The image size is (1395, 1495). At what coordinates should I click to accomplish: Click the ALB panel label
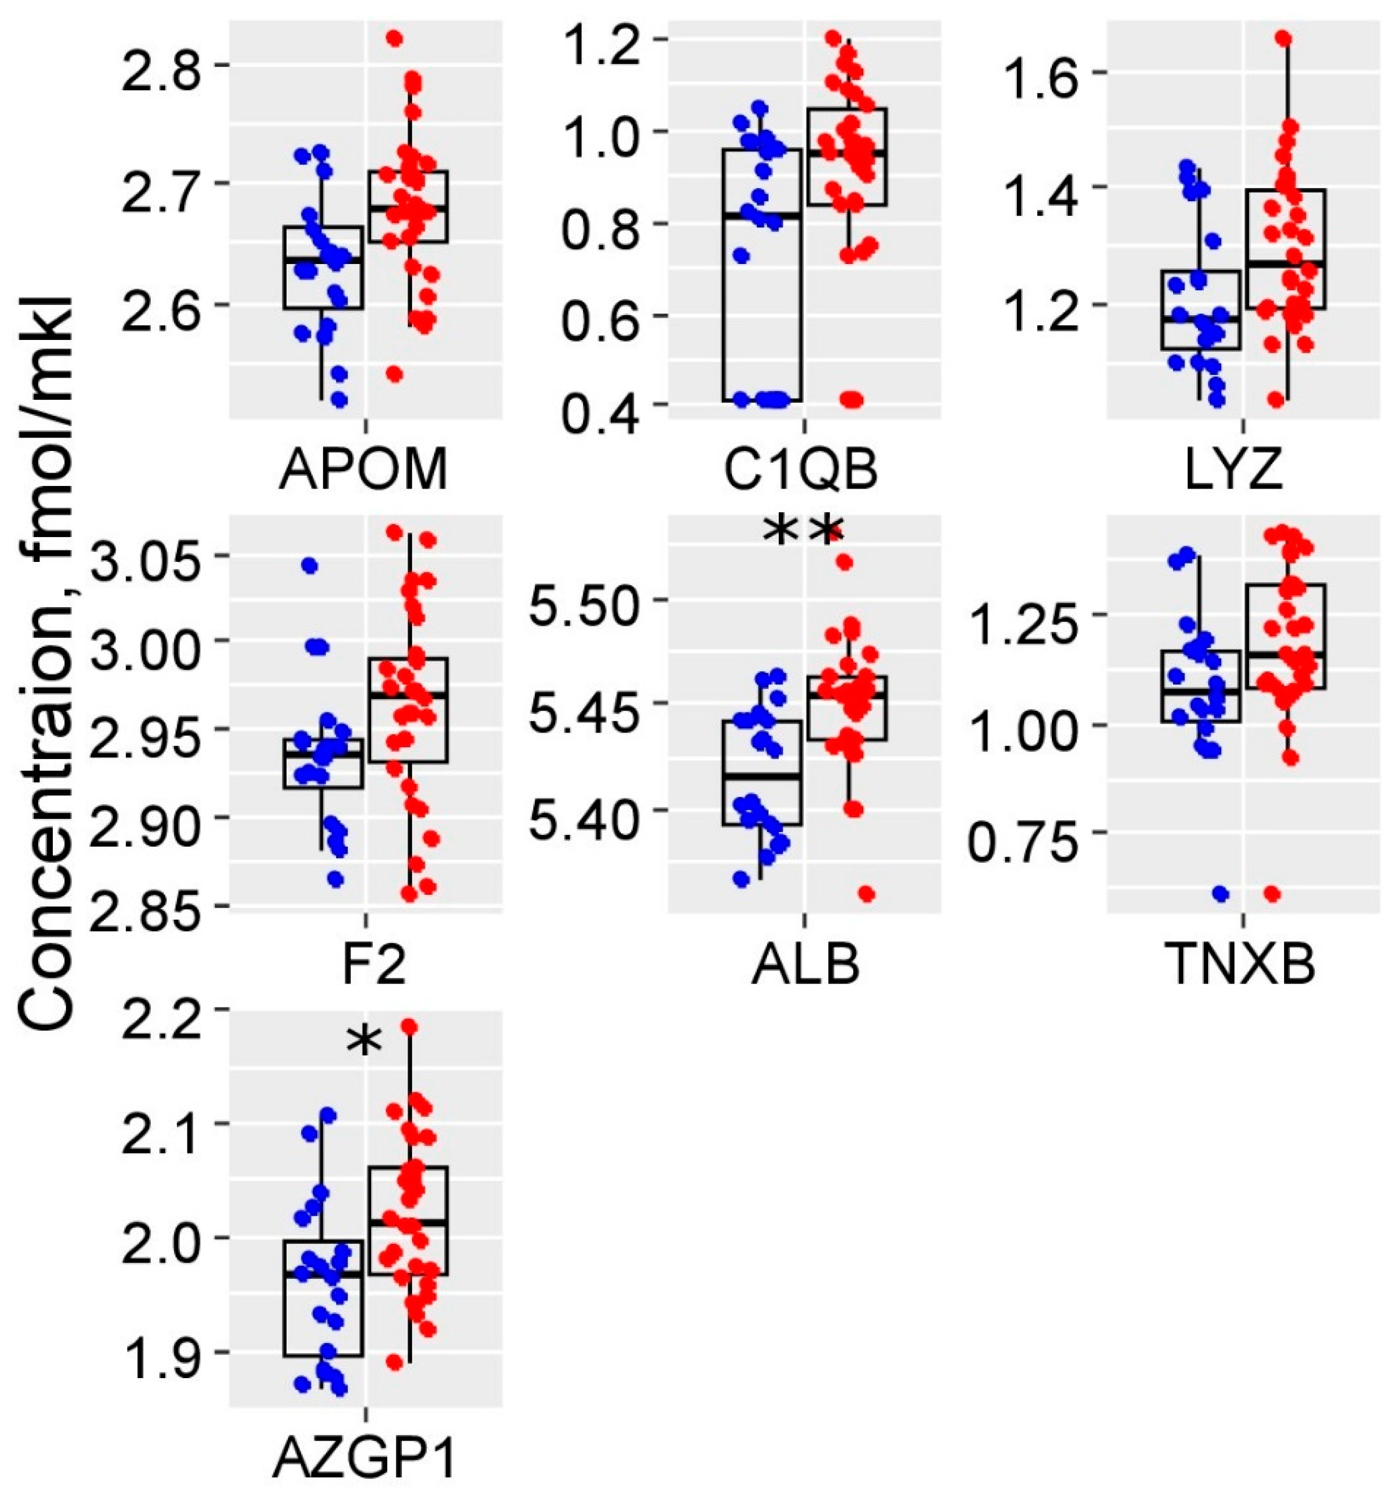point(805,967)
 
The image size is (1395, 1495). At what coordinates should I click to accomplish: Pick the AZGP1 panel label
point(365,1457)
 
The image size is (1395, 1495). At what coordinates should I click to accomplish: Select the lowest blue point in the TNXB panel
point(1220,893)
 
